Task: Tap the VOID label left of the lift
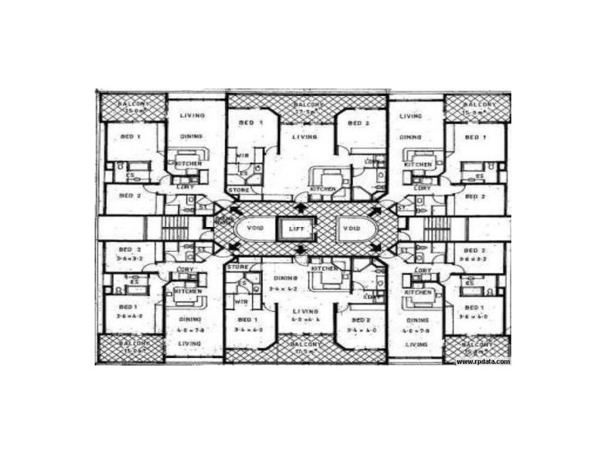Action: tap(251, 228)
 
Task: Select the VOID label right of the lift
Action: tap(352, 228)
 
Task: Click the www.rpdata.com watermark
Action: tap(483, 362)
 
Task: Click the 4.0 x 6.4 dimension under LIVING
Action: tap(306, 320)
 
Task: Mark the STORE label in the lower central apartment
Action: tap(238, 266)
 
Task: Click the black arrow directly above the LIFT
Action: tap(302, 206)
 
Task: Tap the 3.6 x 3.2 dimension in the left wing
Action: tap(130, 257)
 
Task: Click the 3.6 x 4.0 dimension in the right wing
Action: tap(473, 317)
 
